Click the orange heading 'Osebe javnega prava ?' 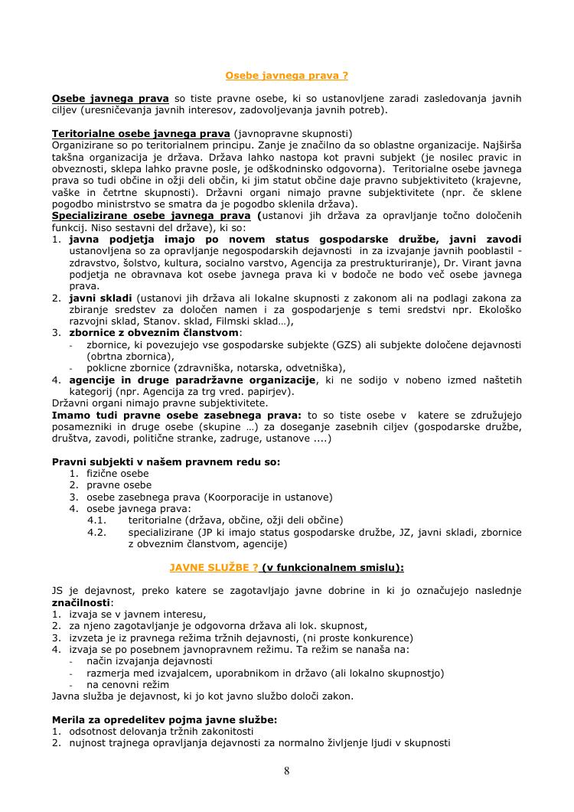287,75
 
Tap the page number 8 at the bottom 287,771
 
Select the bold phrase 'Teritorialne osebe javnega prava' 141,133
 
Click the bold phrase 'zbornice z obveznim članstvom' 155,332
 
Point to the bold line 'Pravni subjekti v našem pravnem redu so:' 166,461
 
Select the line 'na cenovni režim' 128,684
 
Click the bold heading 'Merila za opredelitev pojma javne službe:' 165,719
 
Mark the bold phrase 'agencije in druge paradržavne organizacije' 193,380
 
